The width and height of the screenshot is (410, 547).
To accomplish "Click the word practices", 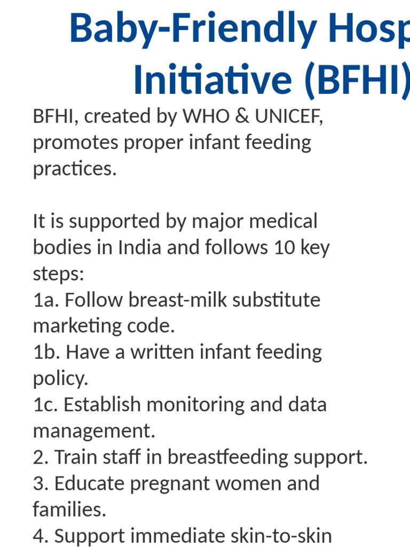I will click(74, 169).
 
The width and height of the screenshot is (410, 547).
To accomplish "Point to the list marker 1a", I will click(45, 300).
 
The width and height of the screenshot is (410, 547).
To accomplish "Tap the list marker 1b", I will click(46, 352).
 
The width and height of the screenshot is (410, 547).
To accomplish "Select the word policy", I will click(60, 378).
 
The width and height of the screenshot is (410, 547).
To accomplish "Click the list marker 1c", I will click(45, 404).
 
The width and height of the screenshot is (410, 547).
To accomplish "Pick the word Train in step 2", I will click(76, 457).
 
